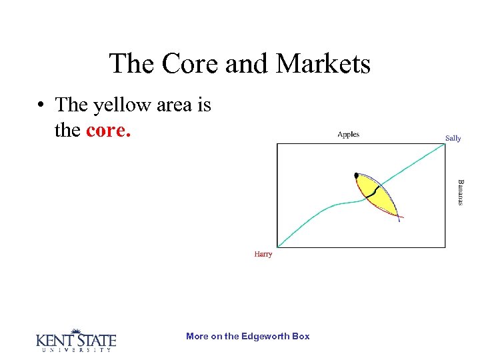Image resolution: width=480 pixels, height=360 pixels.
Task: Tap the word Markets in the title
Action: [x=323, y=64]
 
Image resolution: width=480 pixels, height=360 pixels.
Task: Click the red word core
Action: [x=109, y=129]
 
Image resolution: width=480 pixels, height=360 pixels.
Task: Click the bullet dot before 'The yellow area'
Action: [x=41, y=105]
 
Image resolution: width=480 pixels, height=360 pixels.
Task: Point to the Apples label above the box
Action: [x=348, y=135]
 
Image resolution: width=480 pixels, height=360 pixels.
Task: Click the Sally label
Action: [x=453, y=139]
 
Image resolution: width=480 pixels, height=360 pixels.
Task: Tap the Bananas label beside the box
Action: [x=459, y=192]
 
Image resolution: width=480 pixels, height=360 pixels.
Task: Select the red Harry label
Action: [x=263, y=254]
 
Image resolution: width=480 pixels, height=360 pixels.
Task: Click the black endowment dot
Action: [x=357, y=175]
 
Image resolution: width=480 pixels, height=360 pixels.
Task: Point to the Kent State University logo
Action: [x=75, y=340]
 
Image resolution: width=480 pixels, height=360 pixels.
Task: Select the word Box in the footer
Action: [x=301, y=337]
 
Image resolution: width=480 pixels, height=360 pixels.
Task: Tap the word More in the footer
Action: [x=197, y=337]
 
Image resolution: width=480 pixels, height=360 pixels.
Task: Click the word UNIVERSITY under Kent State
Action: [x=75, y=350]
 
